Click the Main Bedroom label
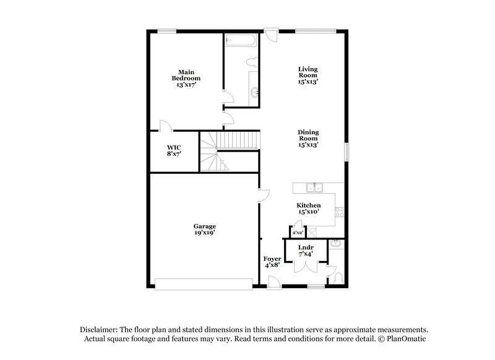pyautogui.click(x=186, y=79)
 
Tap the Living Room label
pyautogui.click(x=308, y=75)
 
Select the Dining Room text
pyautogui.click(x=308, y=139)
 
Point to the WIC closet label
pyautogui.click(x=173, y=150)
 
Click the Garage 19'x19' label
pyautogui.click(x=204, y=230)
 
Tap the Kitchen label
pyautogui.click(x=308, y=208)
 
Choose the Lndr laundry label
pyautogui.click(x=306, y=251)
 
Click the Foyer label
pyautogui.click(x=272, y=262)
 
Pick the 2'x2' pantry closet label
pyautogui.click(x=297, y=233)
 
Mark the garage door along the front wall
pyautogui.click(x=204, y=284)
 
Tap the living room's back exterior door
pyautogui.click(x=269, y=34)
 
